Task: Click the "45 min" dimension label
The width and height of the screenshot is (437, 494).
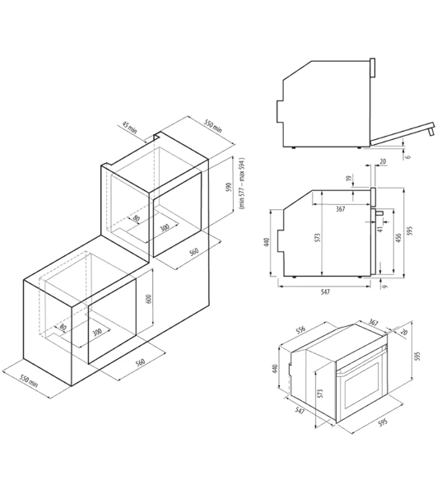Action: pyautogui.click(x=130, y=128)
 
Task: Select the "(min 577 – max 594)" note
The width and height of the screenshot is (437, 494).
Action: pyautogui.click(x=241, y=184)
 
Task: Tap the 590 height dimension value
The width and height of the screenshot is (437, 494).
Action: pyautogui.click(x=229, y=187)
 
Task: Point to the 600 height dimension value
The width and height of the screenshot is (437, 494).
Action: pyautogui.click(x=149, y=298)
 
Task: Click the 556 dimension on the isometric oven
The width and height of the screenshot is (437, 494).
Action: pyautogui.click(x=301, y=329)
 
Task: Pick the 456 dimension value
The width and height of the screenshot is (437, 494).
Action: pyautogui.click(x=398, y=238)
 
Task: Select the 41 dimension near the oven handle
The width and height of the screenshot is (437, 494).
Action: pyautogui.click(x=380, y=229)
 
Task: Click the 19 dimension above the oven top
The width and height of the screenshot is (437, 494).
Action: pyautogui.click(x=348, y=179)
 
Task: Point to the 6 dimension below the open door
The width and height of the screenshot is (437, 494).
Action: pyautogui.click(x=409, y=156)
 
